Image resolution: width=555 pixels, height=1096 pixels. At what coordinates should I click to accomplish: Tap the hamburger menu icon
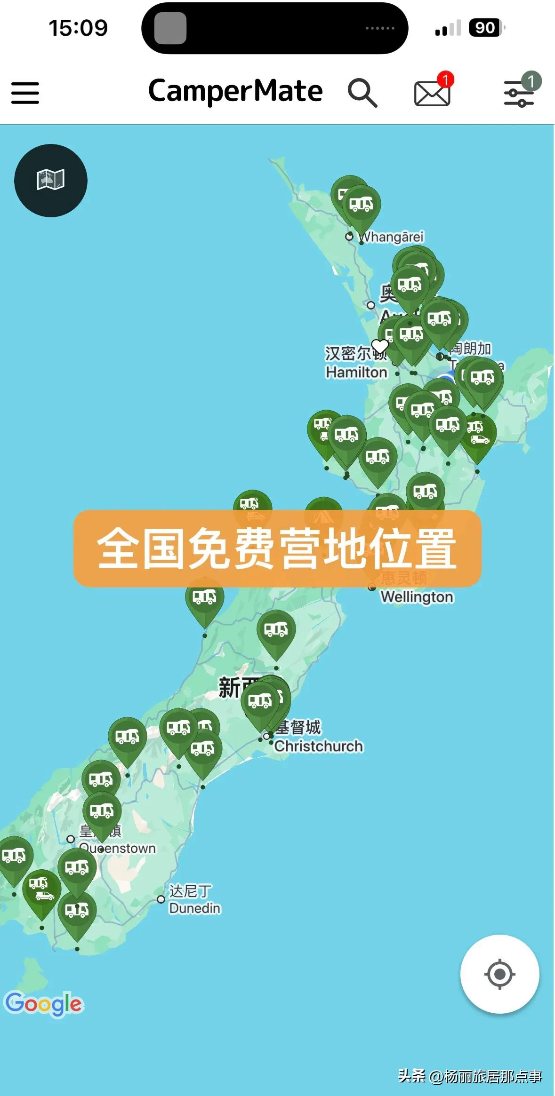tap(25, 93)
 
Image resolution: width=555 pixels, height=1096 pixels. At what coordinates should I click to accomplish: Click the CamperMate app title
tap(235, 91)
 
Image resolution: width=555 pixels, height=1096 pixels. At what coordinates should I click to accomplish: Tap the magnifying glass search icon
tap(362, 93)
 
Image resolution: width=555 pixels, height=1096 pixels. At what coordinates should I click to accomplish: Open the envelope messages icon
tap(432, 93)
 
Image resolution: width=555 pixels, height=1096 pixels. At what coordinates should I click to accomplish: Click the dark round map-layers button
tap(51, 180)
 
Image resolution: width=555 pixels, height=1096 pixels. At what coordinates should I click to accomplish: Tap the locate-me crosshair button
tap(499, 974)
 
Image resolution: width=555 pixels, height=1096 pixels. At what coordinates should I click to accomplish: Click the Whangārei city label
tap(392, 237)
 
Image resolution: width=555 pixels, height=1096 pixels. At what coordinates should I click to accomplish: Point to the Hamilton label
tap(356, 372)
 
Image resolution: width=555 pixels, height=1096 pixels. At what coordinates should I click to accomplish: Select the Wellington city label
tap(417, 596)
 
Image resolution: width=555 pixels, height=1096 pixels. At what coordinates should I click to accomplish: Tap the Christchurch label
tap(319, 746)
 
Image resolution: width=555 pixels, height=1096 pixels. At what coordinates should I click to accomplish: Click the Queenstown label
tap(118, 848)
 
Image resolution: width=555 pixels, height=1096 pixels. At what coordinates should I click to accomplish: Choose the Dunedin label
tap(194, 908)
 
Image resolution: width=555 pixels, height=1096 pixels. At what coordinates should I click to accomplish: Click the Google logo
tap(44, 1004)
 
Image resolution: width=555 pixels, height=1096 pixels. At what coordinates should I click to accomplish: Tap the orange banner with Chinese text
tap(277, 548)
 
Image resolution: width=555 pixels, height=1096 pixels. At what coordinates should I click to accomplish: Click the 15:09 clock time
tap(78, 28)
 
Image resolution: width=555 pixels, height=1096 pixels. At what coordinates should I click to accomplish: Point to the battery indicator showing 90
tap(485, 28)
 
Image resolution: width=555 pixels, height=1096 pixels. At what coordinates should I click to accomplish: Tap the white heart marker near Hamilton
tap(380, 346)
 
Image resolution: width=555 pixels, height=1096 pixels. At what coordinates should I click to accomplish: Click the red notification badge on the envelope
tap(445, 79)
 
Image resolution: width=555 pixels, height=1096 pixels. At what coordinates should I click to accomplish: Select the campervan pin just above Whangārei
tap(361, 205)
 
